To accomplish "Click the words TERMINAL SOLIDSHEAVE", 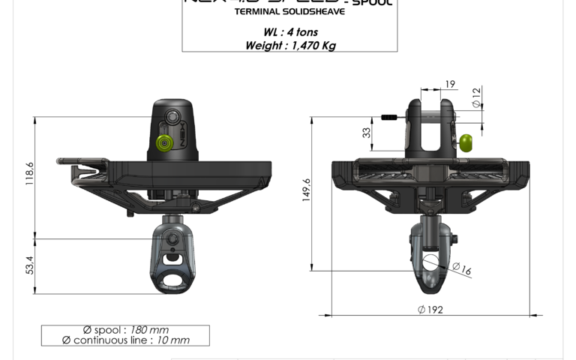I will click(289, 12).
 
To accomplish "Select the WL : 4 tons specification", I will click(290, 32).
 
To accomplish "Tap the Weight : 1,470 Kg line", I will click(290, 45).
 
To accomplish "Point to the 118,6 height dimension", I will click(30, 175).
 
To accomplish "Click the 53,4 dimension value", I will click(30, 265).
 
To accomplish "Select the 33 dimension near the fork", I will click(367, 133).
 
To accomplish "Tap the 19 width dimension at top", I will click(449, 85).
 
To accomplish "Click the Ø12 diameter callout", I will click(475, 97).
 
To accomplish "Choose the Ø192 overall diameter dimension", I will click(430, 309).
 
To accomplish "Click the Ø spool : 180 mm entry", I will click(125, 329).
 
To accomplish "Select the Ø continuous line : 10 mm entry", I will click(125, 340).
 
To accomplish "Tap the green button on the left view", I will click(162, 142).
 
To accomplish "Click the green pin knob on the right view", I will click(467, 142).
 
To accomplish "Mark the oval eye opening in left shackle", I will click(175, 278).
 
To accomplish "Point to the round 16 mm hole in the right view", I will click(430, 262).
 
